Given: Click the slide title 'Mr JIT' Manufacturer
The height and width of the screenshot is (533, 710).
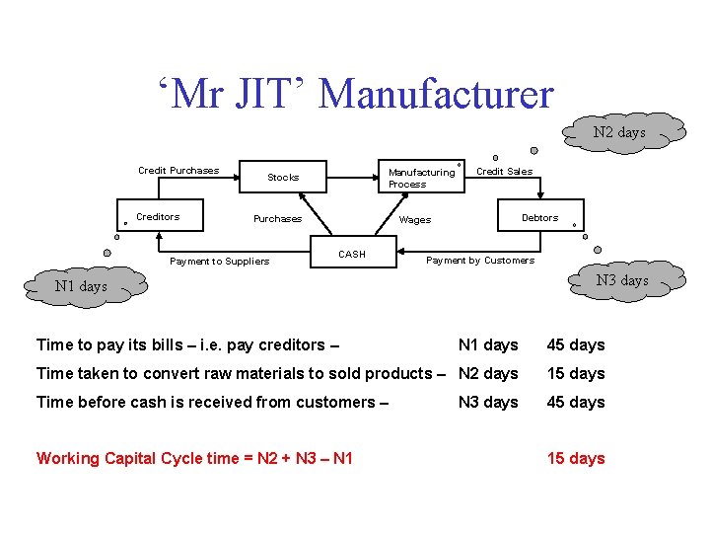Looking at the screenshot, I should (355, 94).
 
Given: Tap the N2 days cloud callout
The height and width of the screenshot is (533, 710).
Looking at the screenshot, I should (618, 132).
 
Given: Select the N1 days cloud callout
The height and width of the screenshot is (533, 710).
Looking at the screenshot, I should (81, 286).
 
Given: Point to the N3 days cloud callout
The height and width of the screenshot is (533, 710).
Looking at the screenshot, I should (621, 280).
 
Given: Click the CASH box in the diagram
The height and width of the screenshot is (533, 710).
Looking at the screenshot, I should (352, 254).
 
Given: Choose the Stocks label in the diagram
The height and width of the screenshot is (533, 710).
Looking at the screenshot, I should (283, 178).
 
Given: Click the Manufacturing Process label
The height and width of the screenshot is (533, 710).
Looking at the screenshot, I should (421, 178).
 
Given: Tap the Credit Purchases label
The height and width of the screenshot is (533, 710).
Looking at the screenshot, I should (178, 170).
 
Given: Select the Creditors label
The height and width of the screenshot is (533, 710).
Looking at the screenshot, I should (158, 216).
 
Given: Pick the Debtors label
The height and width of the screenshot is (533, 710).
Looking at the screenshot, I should (539, 217).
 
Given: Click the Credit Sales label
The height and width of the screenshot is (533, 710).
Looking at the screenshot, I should (504, 171).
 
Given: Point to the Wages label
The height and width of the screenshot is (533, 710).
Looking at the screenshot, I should (415, 220).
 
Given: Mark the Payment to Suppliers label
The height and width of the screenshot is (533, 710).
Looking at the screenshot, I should (219, 262).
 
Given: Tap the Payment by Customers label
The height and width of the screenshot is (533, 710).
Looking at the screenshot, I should (479, 261).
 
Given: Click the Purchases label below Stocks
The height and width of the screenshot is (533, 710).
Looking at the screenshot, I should (277, 219).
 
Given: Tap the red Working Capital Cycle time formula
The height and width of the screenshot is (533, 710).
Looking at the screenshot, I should (194, 459).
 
